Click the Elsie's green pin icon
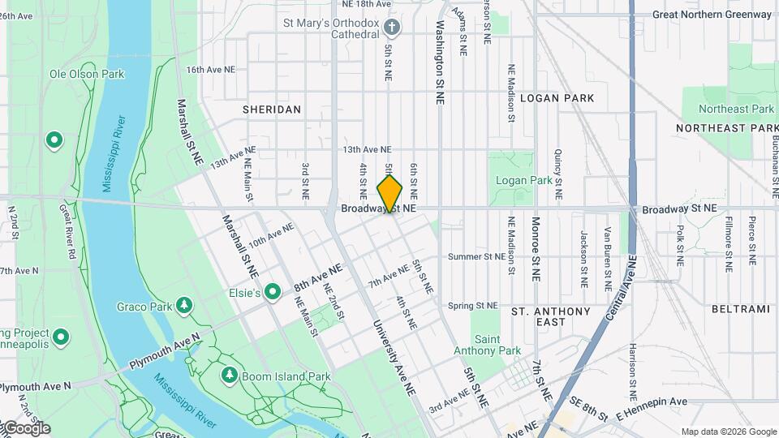273,290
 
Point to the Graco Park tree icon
186,305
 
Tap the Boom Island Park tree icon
230,375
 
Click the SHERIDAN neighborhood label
272,109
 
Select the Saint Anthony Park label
497,345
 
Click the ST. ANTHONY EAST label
551,316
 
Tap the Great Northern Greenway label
712,14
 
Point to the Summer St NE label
476,256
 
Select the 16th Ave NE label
209,70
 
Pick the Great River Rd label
67,231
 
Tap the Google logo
26,428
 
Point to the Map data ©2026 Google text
728,432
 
